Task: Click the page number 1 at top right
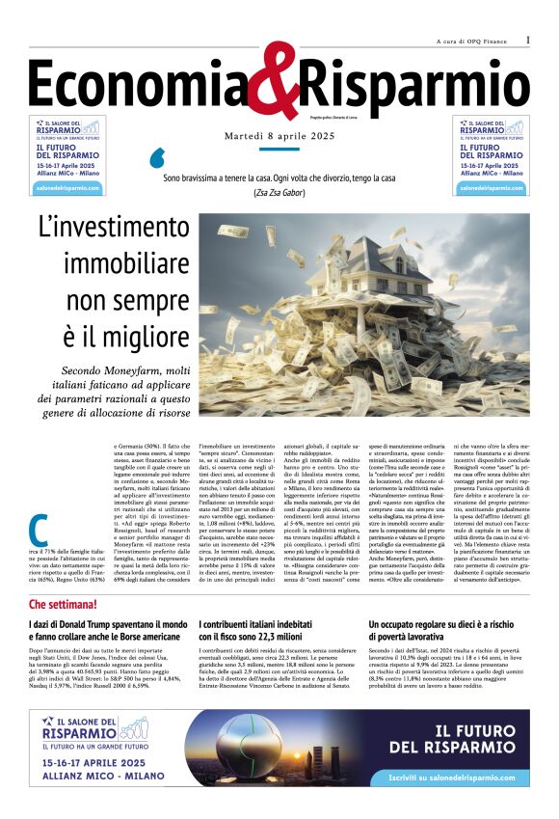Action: (x=528, y=41)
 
